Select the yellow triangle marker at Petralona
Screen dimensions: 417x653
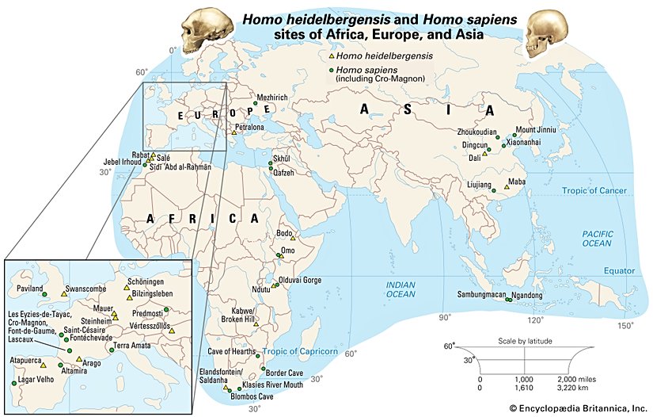[x=234, y=132]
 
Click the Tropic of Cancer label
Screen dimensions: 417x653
[x=594, y=191]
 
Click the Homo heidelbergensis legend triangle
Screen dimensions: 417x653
[x=332, y=56]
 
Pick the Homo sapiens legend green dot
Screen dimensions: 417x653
[x=332, y=70]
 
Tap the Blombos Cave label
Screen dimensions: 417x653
[x=252, y=396]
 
